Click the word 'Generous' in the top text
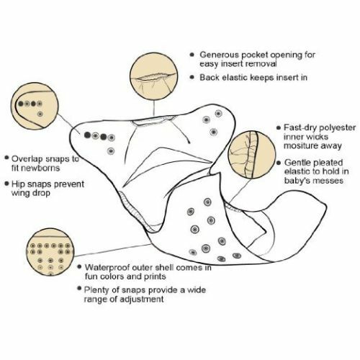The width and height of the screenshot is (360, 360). click(220, 55)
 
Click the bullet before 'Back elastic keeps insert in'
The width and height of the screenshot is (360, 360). click(192, 77)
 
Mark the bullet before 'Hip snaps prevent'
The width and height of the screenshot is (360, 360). click(6, 184)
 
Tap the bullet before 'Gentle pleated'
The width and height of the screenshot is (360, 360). click(279, 163)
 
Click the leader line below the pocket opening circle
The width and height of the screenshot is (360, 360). click(154, 109)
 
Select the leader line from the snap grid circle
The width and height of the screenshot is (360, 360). click(113, 250)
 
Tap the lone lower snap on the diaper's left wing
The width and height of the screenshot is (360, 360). click(111, 151)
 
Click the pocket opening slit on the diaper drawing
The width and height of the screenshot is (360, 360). click(155, 121)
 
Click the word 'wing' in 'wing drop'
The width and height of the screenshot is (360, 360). click(19, 194)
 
